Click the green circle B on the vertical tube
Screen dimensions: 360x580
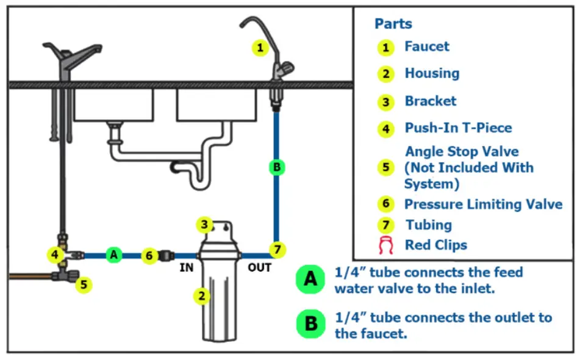pos(277,167)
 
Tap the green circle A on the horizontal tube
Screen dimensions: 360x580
pos(113,255)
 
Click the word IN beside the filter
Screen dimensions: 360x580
pos(187,267)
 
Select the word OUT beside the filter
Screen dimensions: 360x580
pos(259,267)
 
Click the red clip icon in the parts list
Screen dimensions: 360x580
pos(385,246)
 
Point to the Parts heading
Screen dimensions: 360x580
pos(393,24)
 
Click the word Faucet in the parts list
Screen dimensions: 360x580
pos(427,46)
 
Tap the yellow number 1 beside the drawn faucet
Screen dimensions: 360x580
pos(260,48)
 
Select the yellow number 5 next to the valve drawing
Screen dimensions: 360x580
pos(84,284)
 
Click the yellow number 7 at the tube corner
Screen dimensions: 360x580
pos(277,249)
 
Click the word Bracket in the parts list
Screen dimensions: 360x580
pos(431,101)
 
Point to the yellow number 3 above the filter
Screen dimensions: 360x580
pos(204,225)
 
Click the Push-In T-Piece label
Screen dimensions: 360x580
pos(458,128)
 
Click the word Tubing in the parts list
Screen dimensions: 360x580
pos(429,225)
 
